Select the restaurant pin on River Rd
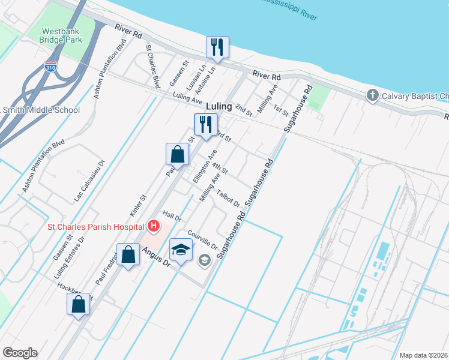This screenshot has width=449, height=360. [x=217, y=47]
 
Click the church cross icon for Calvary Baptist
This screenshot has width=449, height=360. [x=372, y=96]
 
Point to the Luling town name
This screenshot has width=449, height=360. [x=219, y=106]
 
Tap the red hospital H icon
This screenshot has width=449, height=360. [x=154, y=226]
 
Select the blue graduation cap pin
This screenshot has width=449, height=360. [x=181, y=249]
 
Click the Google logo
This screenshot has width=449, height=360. [x=20, y=353]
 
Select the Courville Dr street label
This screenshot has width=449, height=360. [x=202, y=239]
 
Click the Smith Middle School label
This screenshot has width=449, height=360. [x=41, y=110]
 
